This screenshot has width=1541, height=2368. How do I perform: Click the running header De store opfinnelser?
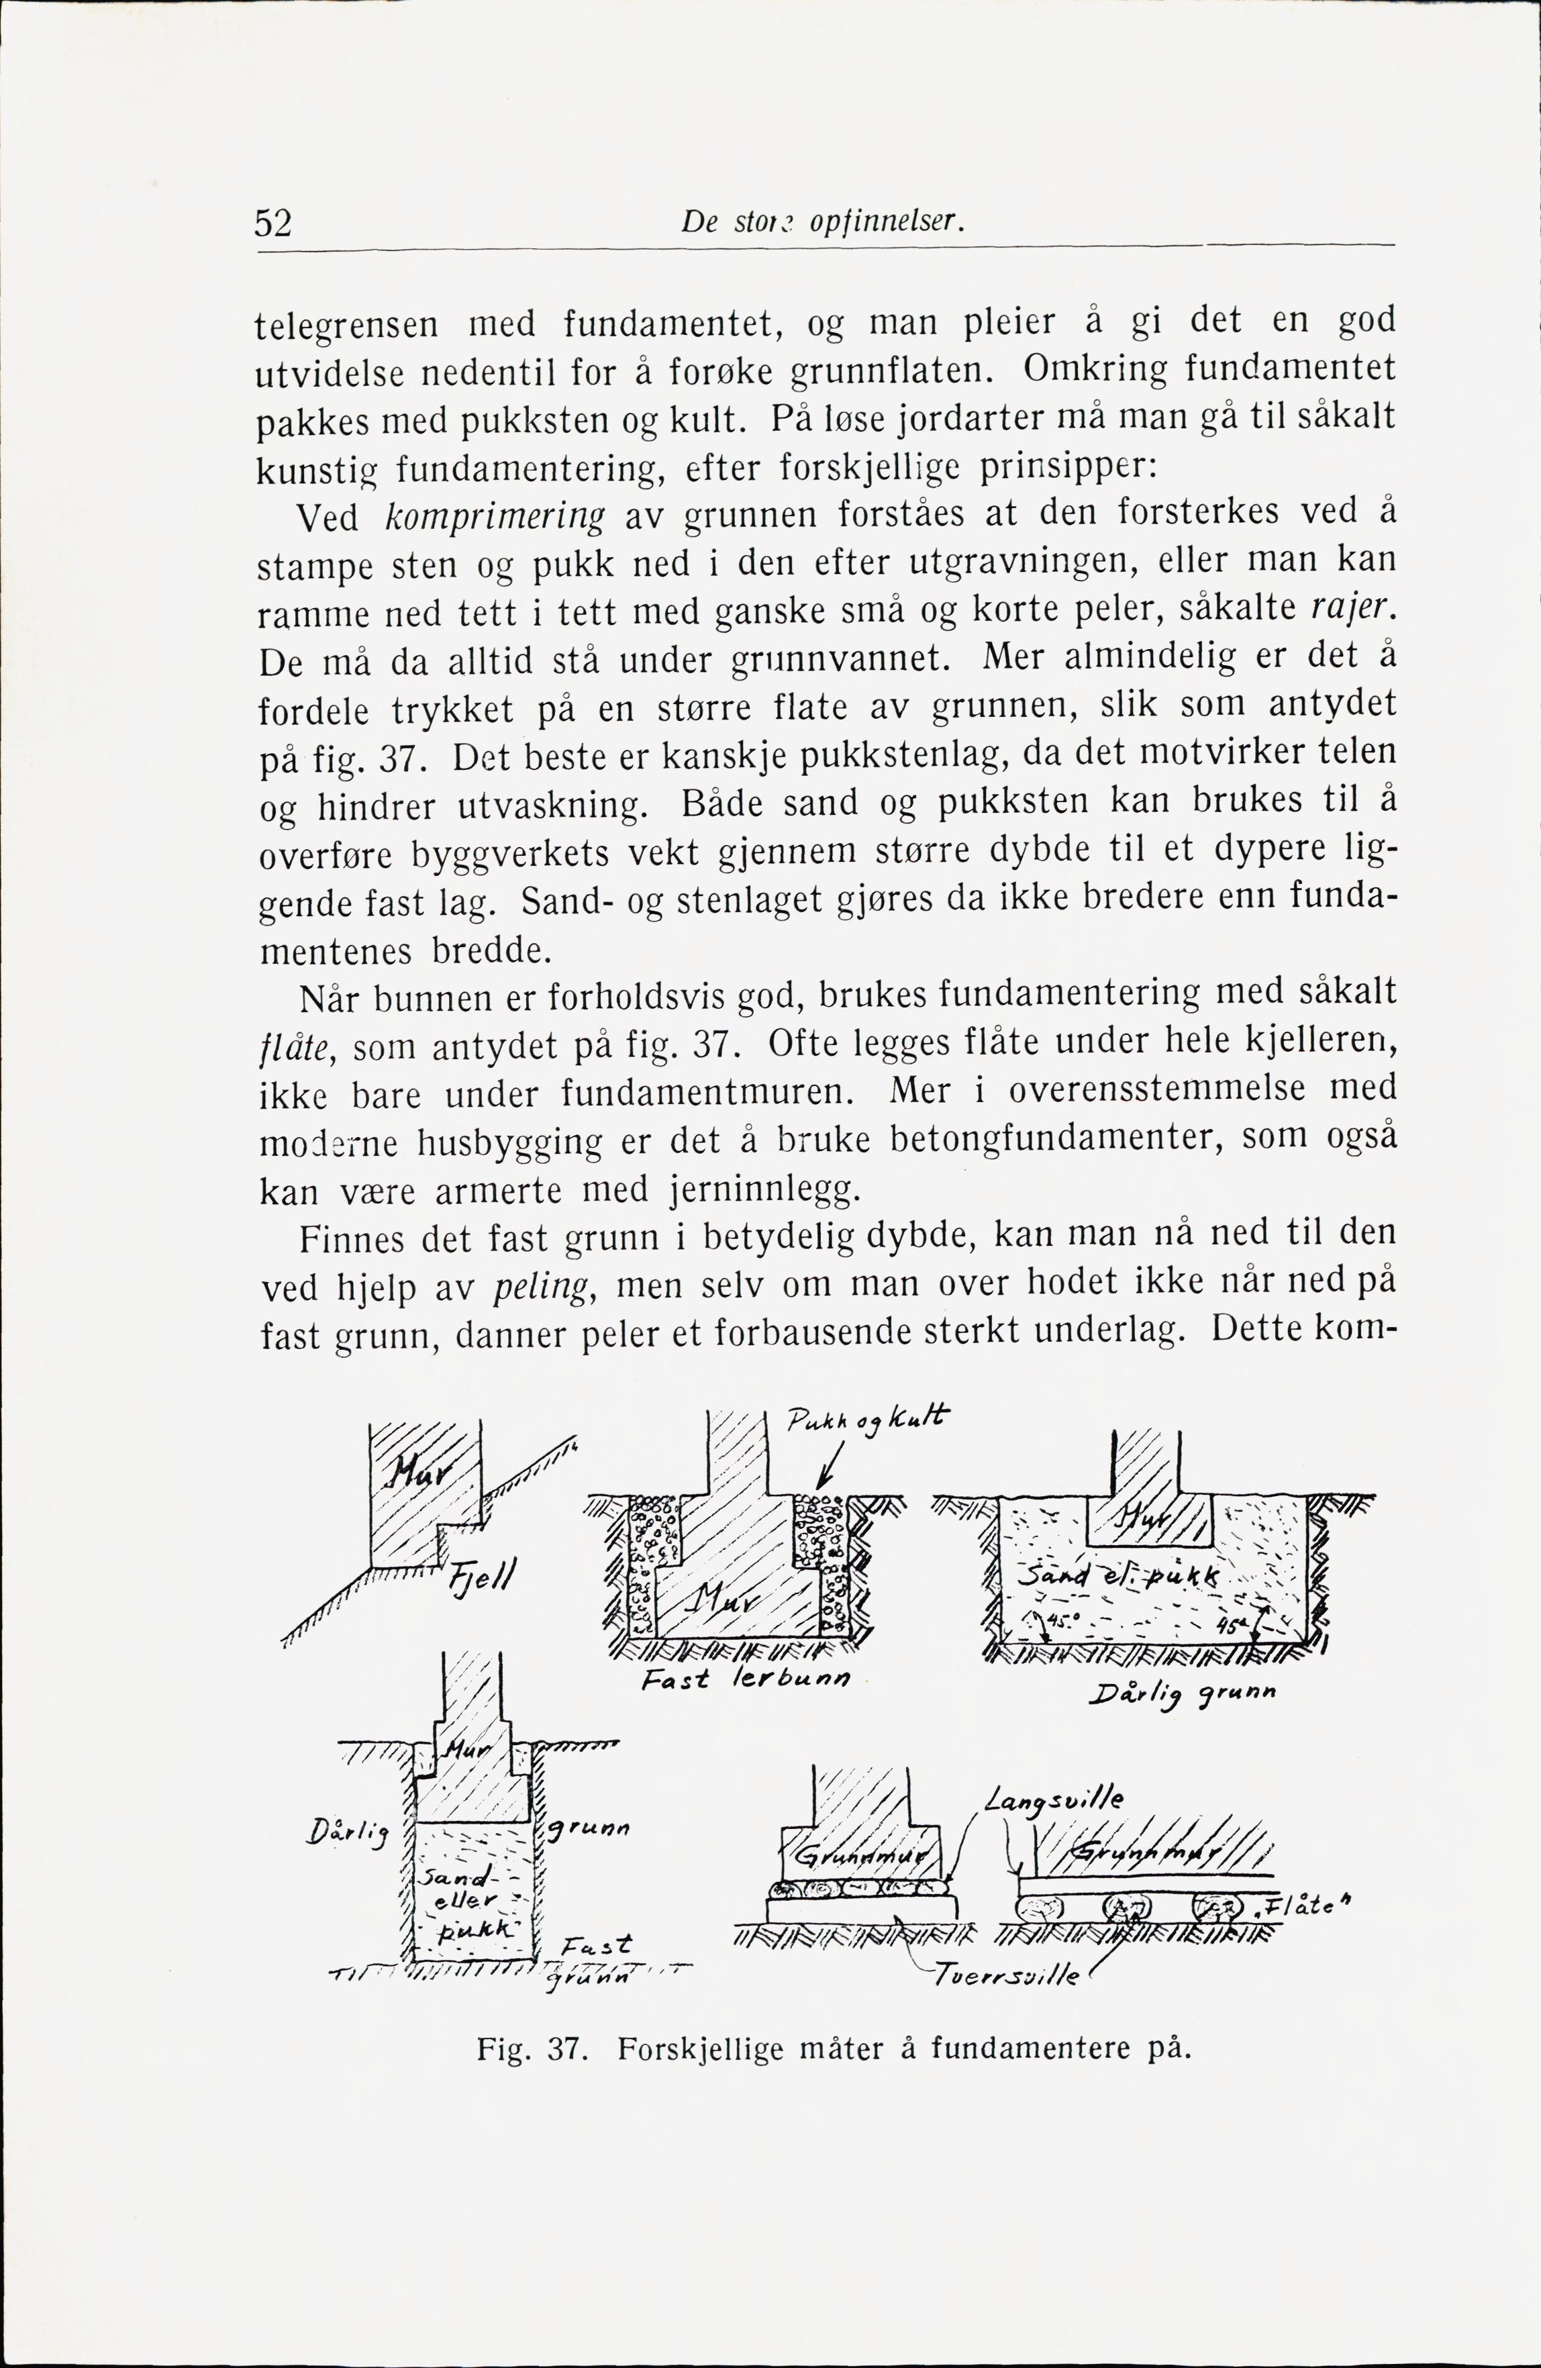[825, 222]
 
